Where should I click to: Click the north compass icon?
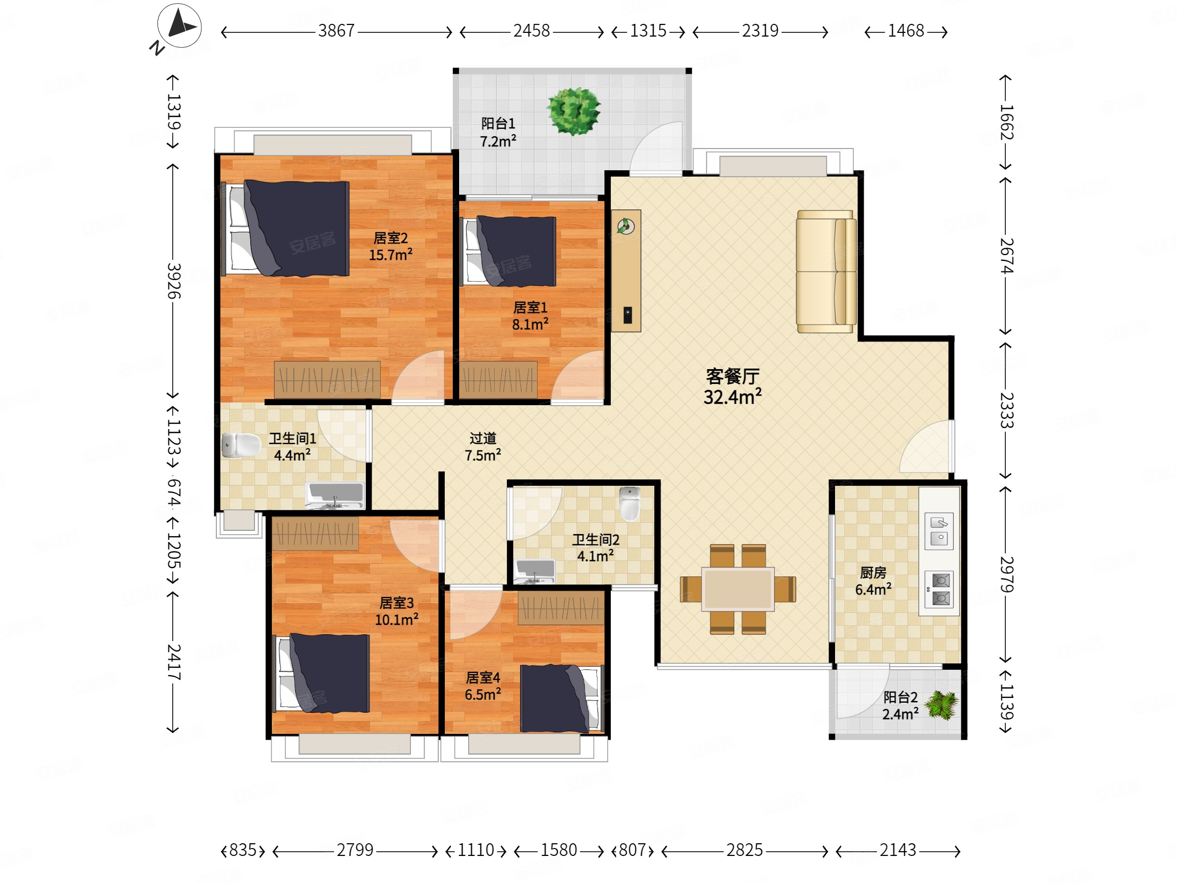click(x=179, y=25)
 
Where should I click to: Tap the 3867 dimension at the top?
click(x=336, y=31)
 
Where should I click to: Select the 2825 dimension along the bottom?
click(x=744, y=850)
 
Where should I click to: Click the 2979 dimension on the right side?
click(x=1006, y=574)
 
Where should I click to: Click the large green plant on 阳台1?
click(x=574, y=111)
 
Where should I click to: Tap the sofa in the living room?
click(x=826, y=272)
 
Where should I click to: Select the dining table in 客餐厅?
click(x=737, y=589)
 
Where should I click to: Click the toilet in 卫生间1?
click(x=241, y=445)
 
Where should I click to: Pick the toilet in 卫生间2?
click(x=630, y=503)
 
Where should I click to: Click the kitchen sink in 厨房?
click(x=939, y=531)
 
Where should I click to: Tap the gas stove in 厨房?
click(x=939, y=589)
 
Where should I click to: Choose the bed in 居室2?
click(x=286, y=229)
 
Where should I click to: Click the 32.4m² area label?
click(x=732, y=397)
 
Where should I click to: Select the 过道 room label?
click(x=482, y=438)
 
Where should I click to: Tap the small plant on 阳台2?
click(x=942, y=705)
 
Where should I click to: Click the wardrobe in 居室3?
click(x=315, y=534)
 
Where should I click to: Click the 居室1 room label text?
click(x=530, y=307)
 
